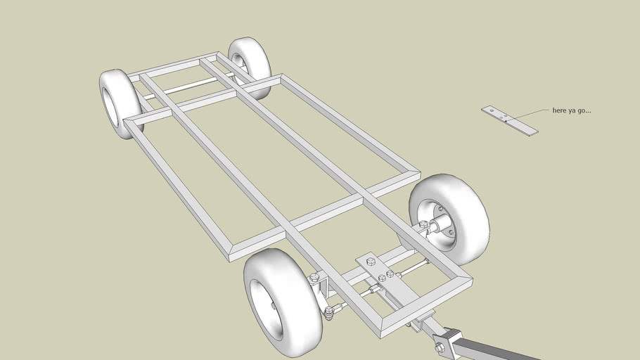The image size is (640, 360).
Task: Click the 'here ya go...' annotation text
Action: point(571,110)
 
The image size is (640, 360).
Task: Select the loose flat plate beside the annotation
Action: point(510,120)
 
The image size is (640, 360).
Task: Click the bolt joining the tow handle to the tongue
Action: point(440,347)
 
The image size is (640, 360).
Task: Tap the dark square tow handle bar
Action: point(492,350)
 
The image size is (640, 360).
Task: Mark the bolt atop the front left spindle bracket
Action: point(314,278)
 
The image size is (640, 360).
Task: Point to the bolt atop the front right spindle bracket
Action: point(424,224)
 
